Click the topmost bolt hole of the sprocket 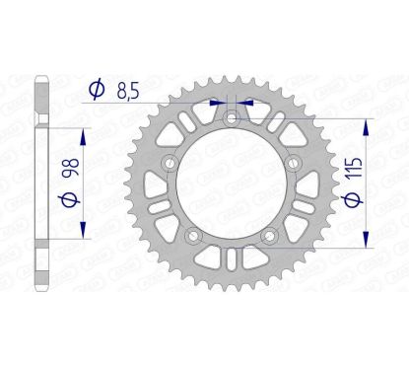230,119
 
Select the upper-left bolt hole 170,164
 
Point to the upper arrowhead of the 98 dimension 81,133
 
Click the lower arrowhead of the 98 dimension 81,232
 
